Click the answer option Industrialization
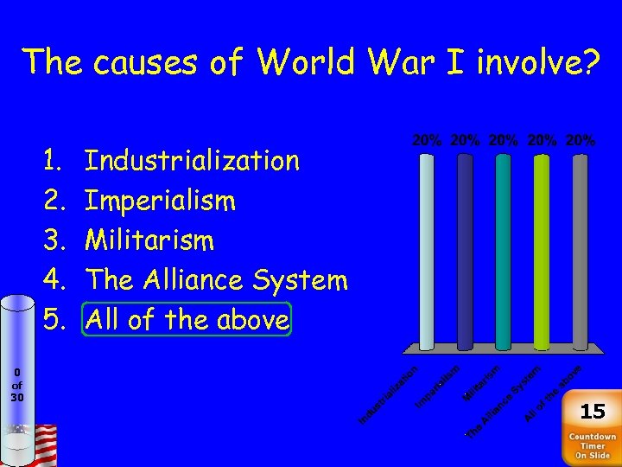pos(193,160)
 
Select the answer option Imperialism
pos(161,201)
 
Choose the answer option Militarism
pos(149,240)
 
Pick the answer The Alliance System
pos(217,279)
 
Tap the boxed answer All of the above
pos(187,319)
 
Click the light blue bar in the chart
pos(427,251)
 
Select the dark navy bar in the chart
pos(465,251)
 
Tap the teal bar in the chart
pos(503,251)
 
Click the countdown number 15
pos(593,411)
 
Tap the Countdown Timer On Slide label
pos(593,446)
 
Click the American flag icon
pos(41,444)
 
